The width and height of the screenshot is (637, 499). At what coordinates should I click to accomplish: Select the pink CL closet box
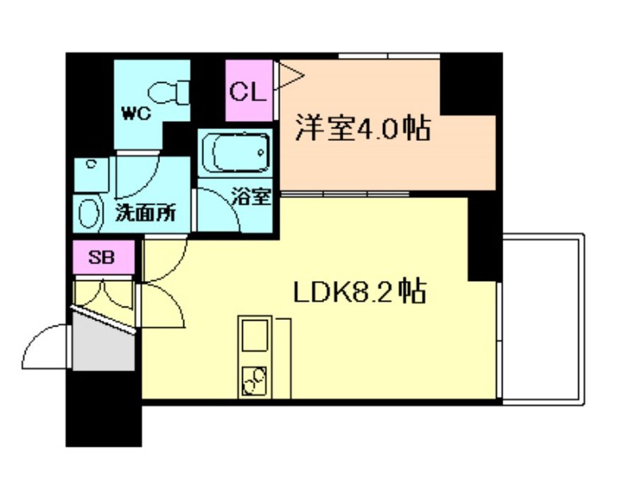coord(247,92)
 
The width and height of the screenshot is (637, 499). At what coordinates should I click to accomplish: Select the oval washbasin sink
coord(89,212)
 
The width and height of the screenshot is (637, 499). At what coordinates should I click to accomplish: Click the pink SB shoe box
coord(101,258)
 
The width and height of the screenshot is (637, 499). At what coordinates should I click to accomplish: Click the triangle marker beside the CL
coord(287,76)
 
